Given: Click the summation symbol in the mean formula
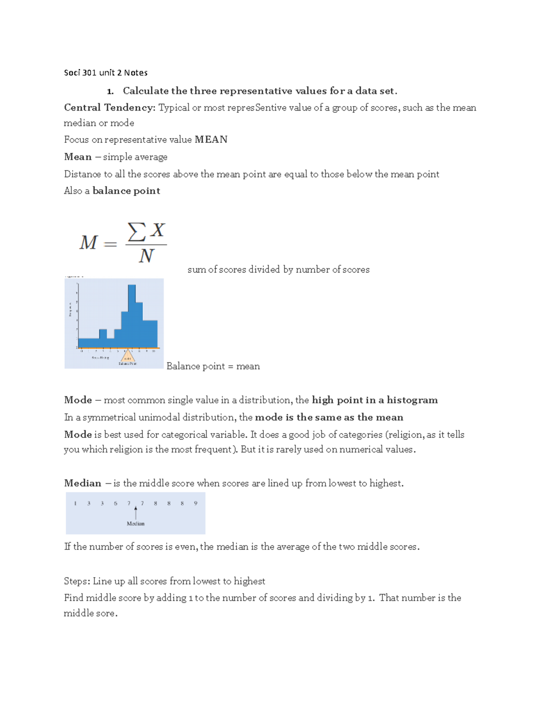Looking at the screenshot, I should [136, 232].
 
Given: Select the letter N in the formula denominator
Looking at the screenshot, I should [146, 256].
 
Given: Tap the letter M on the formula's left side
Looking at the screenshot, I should [88, 243].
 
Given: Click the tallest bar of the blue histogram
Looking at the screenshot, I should [132, 313].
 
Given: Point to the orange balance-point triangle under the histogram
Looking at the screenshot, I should [128, 356].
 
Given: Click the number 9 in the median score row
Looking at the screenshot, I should [195, 503].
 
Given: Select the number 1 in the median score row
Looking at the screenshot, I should [75, 503].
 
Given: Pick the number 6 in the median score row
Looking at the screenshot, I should [116, 503].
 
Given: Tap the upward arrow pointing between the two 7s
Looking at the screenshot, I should [136, 512].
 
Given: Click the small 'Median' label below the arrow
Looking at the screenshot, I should [136, 524].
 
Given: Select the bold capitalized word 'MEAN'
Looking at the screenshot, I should [211, 140].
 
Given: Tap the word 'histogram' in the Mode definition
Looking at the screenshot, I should [412, 400].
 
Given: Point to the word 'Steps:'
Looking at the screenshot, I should [77, 581].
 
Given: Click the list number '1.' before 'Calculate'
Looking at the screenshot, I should [110, 92].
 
